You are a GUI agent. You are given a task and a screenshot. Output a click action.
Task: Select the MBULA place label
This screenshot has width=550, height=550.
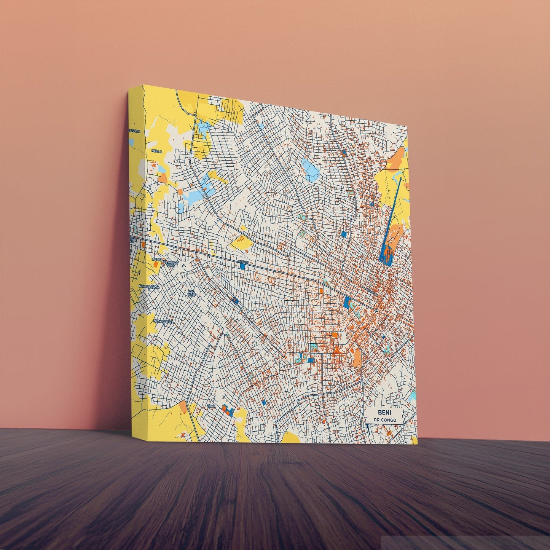tap(157, 151)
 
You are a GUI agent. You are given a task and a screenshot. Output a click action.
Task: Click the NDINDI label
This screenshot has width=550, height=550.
tap(242, 262)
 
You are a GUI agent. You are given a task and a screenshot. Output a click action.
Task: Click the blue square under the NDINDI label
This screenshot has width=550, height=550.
tap(242, 266)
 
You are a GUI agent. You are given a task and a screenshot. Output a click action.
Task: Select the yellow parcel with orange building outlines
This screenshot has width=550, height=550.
tap(241, 241)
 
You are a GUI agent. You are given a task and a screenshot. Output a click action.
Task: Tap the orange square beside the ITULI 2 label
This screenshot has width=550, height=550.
tap(156, 264)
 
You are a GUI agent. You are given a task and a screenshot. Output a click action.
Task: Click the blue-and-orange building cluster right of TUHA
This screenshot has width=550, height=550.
tap(228, 410)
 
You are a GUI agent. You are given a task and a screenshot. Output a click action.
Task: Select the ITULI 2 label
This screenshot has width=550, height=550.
tap(157, 259)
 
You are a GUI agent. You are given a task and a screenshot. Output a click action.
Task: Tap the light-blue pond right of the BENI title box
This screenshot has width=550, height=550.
tap(412, 396)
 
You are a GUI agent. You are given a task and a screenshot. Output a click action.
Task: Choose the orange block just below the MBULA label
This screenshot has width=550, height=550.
tap(163, 178)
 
